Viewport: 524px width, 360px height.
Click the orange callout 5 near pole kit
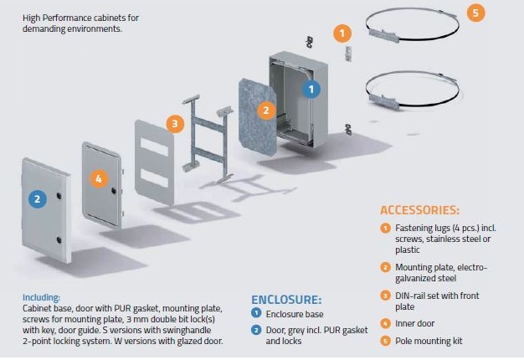tap(475, 13)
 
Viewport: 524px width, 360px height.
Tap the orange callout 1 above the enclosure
tap(342, 33)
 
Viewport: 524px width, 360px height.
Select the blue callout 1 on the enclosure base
tap(311, 88)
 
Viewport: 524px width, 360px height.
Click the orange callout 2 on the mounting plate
tap(265, 110)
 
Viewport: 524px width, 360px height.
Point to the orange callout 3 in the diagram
tap(174, 124)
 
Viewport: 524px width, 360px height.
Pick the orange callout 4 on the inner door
tap(99, 178)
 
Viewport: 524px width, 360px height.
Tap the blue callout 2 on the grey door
tap(37, 198)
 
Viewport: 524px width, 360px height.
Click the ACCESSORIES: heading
tap(419, 210)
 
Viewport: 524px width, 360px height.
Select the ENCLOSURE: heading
tap(287, 299)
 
